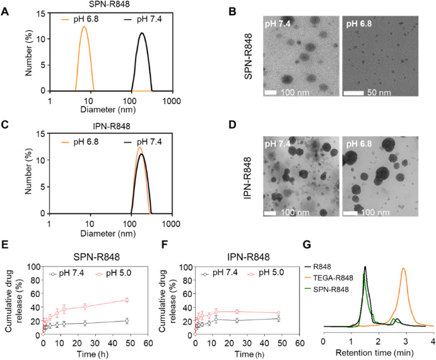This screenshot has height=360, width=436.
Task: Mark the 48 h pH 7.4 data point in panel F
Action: click(278, 318)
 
